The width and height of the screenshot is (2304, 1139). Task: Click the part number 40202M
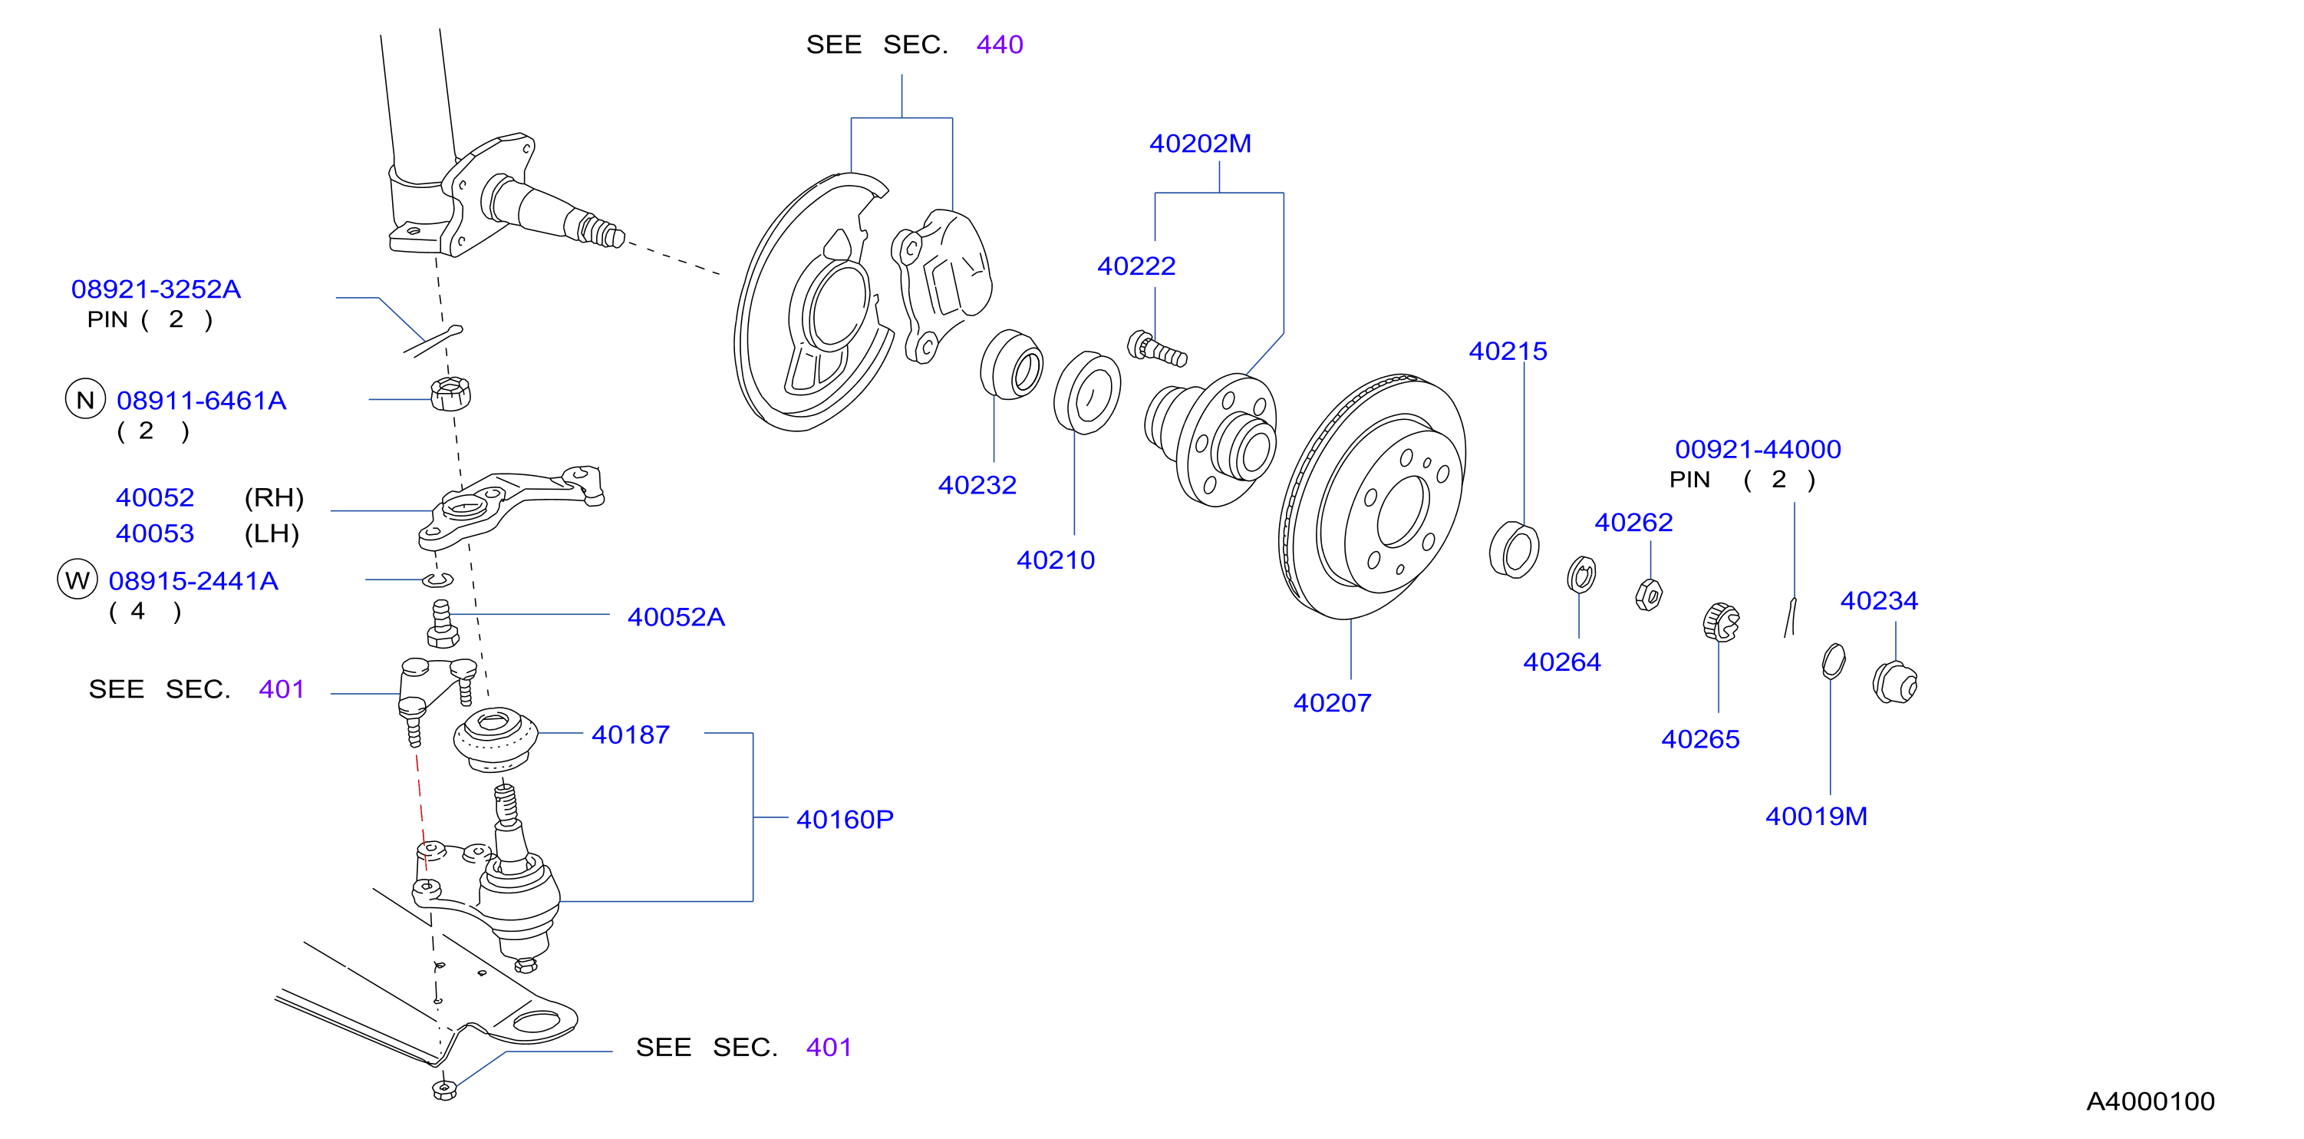click(x=1199, y=144)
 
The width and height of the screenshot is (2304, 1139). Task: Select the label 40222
click(x=1136, y=266)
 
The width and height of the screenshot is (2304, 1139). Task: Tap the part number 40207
click(x=1332, y=702)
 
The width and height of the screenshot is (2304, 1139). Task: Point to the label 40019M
click(x=1815, y=816)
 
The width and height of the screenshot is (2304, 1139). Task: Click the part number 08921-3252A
click(x=156, y=289)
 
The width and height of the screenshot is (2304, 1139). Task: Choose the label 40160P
click(x=844, y=819)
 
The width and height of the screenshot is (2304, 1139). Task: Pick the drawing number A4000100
click(x=2150, y=1101)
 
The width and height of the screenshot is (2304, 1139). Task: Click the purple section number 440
click(x=999, y=44)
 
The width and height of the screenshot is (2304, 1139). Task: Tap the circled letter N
click(x=85, y=399)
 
